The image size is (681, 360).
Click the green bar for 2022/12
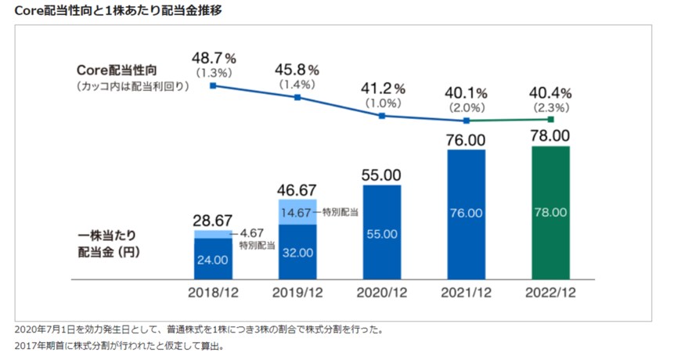click(550, 212)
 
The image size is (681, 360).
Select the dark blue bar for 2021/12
click(466, 214)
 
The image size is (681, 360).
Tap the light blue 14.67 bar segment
click(297, 211)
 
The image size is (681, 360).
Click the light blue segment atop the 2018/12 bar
click(213, 234)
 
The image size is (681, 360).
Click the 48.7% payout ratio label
click(214, 58)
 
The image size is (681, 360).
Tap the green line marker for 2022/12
click(550, 120)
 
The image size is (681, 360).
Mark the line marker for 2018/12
click(213, 85)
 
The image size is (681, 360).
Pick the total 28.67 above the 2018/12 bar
click(213, 220)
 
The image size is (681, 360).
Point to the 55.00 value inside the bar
click(382, 233)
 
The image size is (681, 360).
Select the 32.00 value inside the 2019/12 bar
click(297, 253)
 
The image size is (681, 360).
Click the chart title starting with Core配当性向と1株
click(121, 11)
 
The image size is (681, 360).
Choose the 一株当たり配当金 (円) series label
click(116, 244)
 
